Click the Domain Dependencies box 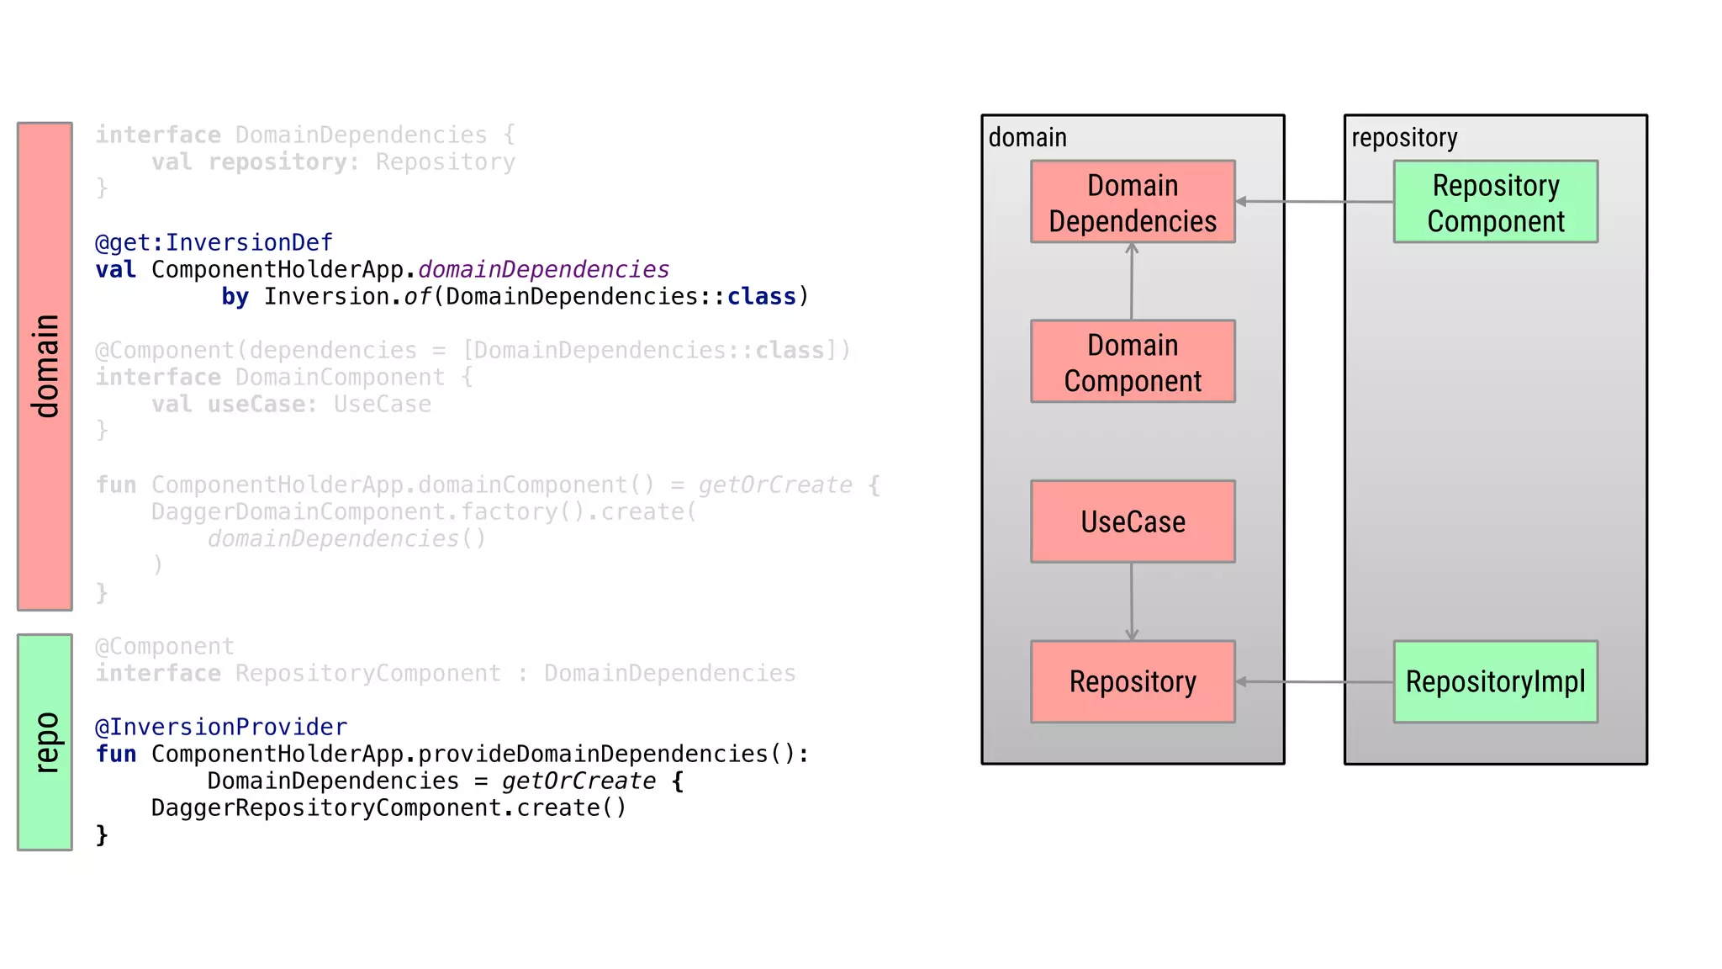pyautogui.click(x=1133, y=202)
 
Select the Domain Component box pyautogui.click(x=1133, y=362)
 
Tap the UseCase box pyautogui.click(x=1133, y=522)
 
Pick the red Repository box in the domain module pyautogui.click(x=1133, y=681)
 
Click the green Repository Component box pyautogui.click(x=1495, y=202)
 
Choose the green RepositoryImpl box pyautogui.click(x=1495, y=681)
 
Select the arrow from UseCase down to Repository pyautogui.click(x=1132, y=601)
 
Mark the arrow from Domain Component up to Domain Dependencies pyautogui.click(x=1132, y=282)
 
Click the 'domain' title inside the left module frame pyautogui.click(x=1027, y=137)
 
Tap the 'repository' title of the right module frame pyautogui.click(x=1404, y=137)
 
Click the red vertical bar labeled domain pyautogui.click(x=45, y=366)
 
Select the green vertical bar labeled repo pyautogui.click(x=45, y=742)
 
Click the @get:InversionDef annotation pyautogui.click(x=214, y=243)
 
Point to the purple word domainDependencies pyautogui.click(x=543, y=270)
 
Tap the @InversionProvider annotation pyautogui.click(x=221, y=728)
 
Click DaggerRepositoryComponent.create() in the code pyautogui.click(x=388, y=808)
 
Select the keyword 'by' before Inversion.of pyautogui.click(x=235, y=297)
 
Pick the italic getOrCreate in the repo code pyautogui.click(x=578, y=781)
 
